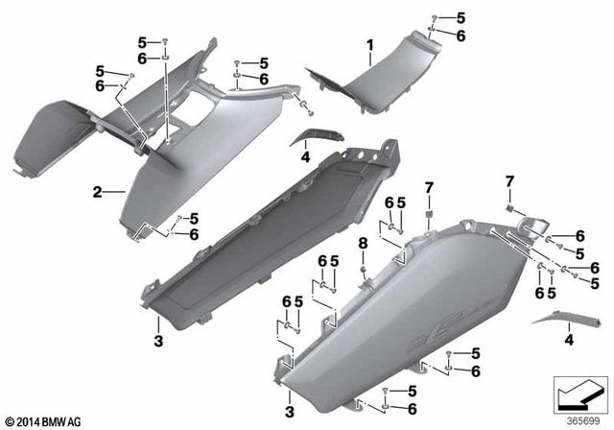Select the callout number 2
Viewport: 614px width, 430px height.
pos(97,193)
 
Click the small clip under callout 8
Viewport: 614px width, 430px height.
pos(364,274)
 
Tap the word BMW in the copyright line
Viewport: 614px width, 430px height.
pos(52,420)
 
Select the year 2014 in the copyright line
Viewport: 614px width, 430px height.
pos(27,420)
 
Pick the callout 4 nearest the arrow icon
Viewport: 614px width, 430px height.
pos(571,340)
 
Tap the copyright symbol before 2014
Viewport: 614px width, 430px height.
pos(10,420)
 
